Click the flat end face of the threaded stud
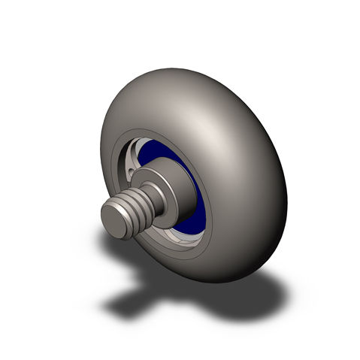[x=113, y=221]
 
